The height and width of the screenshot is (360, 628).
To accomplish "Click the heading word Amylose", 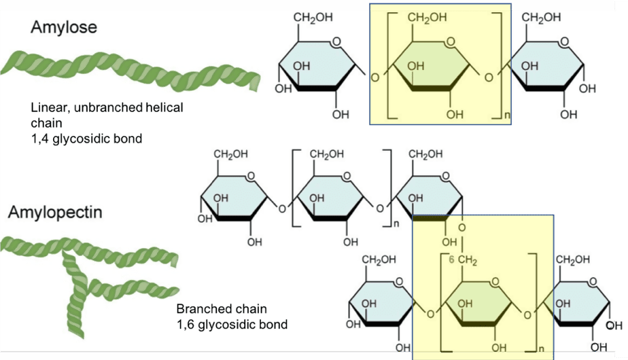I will coord(64,28).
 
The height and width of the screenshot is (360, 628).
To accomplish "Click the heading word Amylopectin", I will coord(55,212).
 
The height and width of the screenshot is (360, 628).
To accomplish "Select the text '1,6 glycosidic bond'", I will coord(232,324).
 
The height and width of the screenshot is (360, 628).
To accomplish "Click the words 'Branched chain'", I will coord(222,308).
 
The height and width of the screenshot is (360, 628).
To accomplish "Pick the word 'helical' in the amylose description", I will coord(163,107).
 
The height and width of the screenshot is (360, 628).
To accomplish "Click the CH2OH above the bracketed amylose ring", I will coord(428,17).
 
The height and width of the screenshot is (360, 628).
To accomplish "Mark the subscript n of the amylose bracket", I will coord(506,118).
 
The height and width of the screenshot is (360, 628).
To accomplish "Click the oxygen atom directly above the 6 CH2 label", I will coord(462,227).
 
